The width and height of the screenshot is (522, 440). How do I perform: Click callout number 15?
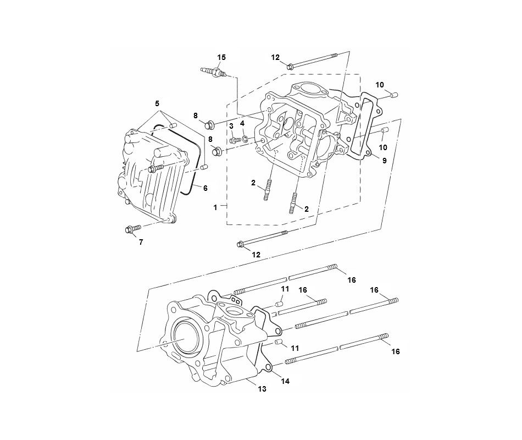[x=221, y=58]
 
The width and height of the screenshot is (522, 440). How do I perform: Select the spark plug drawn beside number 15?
[x=214, y=71]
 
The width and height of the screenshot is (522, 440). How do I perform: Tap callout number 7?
[x=140, y=242]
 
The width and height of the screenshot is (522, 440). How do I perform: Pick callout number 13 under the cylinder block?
[x=262, y=389]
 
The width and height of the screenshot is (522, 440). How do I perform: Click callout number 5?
[x=157, y=103]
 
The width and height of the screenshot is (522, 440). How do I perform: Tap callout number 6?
[x=205, y=188]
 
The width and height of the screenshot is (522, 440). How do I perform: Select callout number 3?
[x=231, y=127]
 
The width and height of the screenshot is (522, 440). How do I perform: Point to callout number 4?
[x=242, y=123]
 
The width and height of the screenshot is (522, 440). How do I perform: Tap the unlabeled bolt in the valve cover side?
[x=156, y=167]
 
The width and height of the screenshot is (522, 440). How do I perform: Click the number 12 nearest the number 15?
[x=275, y=58]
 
